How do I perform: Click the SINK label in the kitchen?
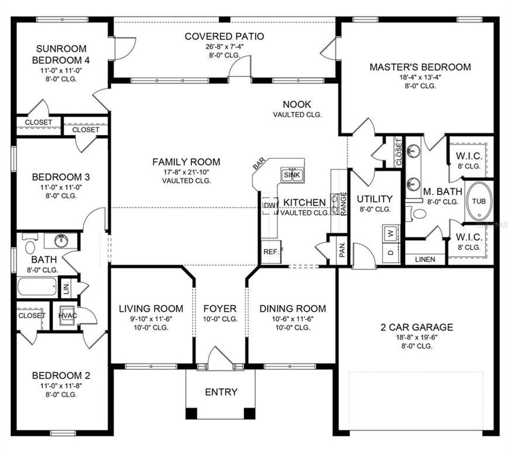click(292, 175)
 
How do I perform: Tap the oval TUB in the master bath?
click(479, 201)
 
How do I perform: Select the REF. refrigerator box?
click(271, 252)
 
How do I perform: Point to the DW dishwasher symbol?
click(269, 205)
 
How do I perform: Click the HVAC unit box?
click(68, 316)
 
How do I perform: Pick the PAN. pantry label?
click(342, 249)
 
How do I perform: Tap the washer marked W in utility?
click(390, 233)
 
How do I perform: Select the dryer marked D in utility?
click(390, 252)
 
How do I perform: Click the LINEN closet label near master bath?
click(425, 260)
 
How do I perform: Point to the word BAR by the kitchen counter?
click(259, 164)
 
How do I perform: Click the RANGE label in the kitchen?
click(344, 203)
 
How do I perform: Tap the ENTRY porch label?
click(221, 392)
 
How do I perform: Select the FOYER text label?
click(220, 309)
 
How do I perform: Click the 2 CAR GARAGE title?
click(417, 327)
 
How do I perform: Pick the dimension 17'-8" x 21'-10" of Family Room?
click(186, 172)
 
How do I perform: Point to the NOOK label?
click(297, 105)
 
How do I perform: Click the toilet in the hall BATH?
click(30, 246)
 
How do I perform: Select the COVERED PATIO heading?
click(224, 36)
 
